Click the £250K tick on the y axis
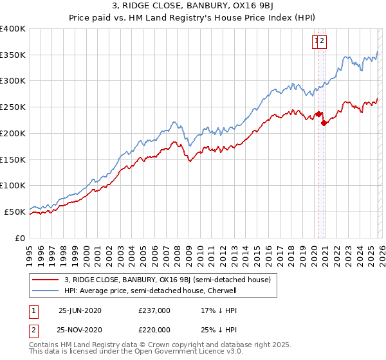(13, 107)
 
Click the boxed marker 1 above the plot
(317, 42)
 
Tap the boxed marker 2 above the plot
(323, 42)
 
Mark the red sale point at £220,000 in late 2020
(324, 123)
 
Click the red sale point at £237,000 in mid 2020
(318, 114)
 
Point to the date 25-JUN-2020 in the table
(80, 310)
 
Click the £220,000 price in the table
(154, 328)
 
